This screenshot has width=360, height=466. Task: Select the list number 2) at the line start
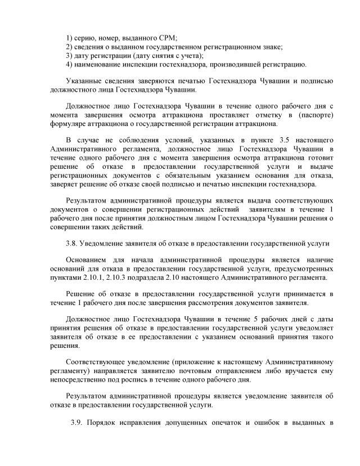tap(70, 47)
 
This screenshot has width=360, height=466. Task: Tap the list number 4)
tap(70, 65)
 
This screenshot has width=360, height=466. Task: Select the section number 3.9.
tap(78, 423)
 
